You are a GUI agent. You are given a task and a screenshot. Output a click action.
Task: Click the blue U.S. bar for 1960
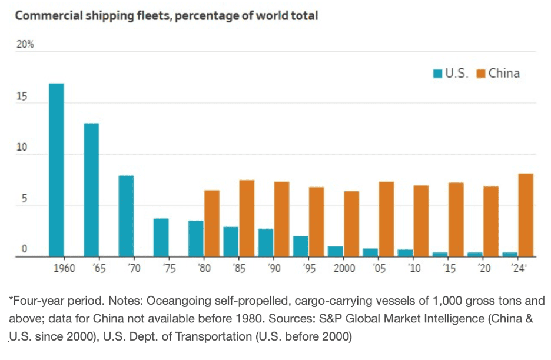click(x=56, y=170)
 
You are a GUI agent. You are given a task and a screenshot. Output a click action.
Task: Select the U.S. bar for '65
click(x=91, y=190)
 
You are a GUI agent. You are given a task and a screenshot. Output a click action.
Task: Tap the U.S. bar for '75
click(x=161, y=238)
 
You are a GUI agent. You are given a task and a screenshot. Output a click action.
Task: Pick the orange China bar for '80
click(x=212, y=224)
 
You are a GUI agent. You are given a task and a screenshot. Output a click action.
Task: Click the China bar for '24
click(x=526, y=215)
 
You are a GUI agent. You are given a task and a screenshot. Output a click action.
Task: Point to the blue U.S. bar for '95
click(x=301, y=246)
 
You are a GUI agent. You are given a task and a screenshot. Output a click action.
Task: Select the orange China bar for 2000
click(x=351, y=224)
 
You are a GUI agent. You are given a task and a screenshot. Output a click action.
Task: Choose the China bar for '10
click(x=421, y=221)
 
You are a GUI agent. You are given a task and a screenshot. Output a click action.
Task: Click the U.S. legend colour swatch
click(x=437, y=74)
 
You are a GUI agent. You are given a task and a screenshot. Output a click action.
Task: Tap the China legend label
click(x=503, y=74)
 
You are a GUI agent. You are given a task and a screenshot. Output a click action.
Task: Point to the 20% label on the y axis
click(x=24, y=45)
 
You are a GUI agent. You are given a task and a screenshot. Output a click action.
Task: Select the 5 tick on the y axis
click(x=24, y=199)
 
